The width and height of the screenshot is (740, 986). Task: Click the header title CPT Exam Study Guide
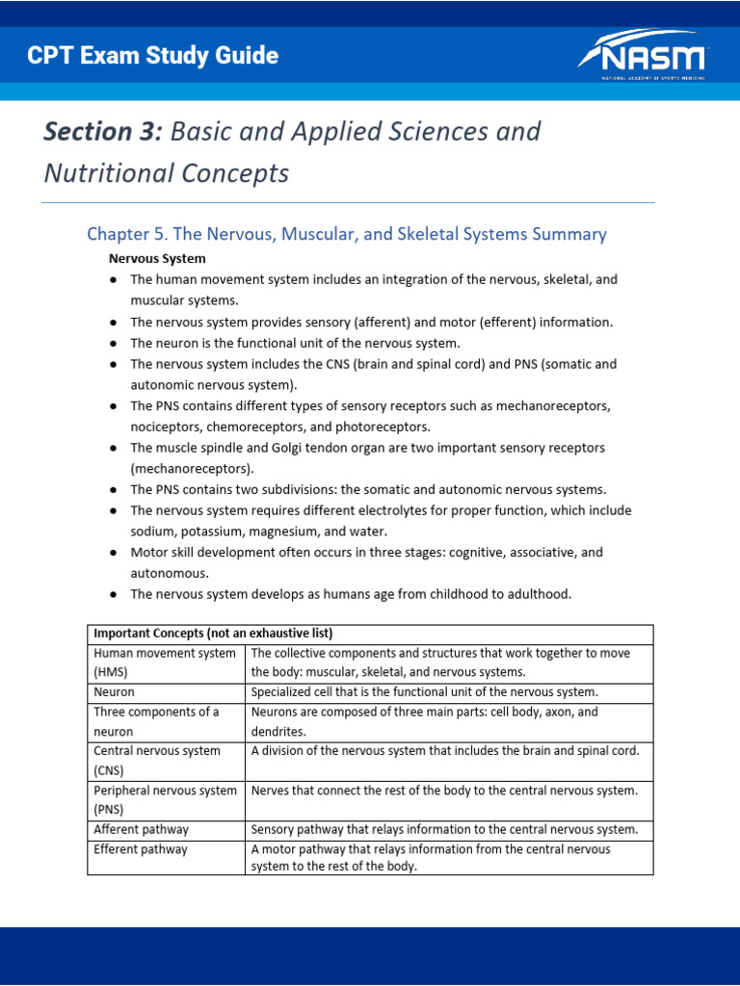[x=153, y=56]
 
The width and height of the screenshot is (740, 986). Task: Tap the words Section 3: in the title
[x=103, y=132]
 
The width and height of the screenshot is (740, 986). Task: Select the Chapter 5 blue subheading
[x=346, y=234]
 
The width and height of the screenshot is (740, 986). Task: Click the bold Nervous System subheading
[x=157, y=259]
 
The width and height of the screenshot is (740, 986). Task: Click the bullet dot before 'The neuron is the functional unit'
[x=114, y=344]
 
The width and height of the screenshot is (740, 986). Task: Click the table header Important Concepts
[x=212, y=634]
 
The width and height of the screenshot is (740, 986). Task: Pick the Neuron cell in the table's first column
[x=115, y=692]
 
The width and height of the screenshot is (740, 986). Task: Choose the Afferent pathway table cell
[x=141, y=830]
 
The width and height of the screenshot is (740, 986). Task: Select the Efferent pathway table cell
[x=141, y=850]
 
